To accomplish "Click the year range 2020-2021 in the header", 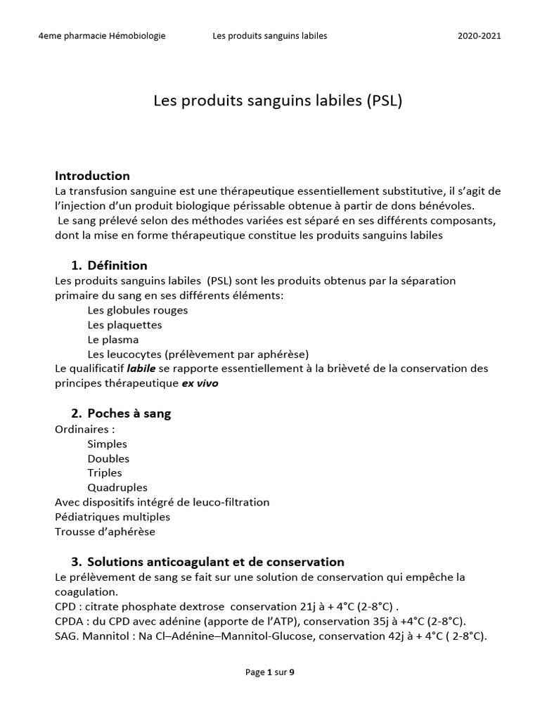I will pos(479,36).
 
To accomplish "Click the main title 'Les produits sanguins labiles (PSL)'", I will pos(278,101).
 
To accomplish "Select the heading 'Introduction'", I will pos(92,176).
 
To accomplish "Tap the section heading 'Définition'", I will pos(117,265).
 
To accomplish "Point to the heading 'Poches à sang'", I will pos(129,413).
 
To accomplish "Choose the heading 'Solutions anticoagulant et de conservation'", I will pos(216,562).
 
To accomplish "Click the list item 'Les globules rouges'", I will pos(137,310).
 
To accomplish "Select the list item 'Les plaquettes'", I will pos(124,325).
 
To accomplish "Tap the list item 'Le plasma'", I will pos(113,340).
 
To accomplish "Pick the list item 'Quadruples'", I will pos(117,487).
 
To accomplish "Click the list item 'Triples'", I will pos(105,472).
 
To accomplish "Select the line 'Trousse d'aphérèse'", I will pos(105,532).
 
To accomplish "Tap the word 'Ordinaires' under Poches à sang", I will pos(82,429).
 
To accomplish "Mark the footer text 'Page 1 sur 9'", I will pos(270,672).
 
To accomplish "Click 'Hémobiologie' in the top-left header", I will pos(138,36).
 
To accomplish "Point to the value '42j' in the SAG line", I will pos(390,636).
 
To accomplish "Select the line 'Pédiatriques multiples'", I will pos(112,517).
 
